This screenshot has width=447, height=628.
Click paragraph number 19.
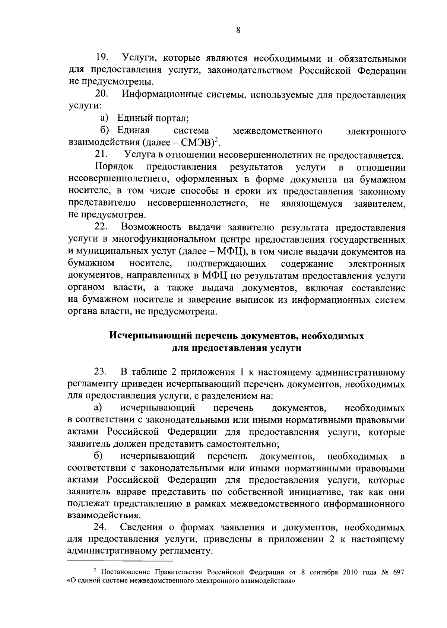[102, 58]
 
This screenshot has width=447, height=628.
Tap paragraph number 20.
[102, 95]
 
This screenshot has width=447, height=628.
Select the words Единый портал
[153, 118]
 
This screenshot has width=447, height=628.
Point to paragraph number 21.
[101, 155]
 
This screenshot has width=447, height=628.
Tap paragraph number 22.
[102, 227]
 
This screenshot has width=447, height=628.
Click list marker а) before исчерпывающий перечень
[98, 408]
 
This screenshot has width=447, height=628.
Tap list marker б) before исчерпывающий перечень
[98, 456]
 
